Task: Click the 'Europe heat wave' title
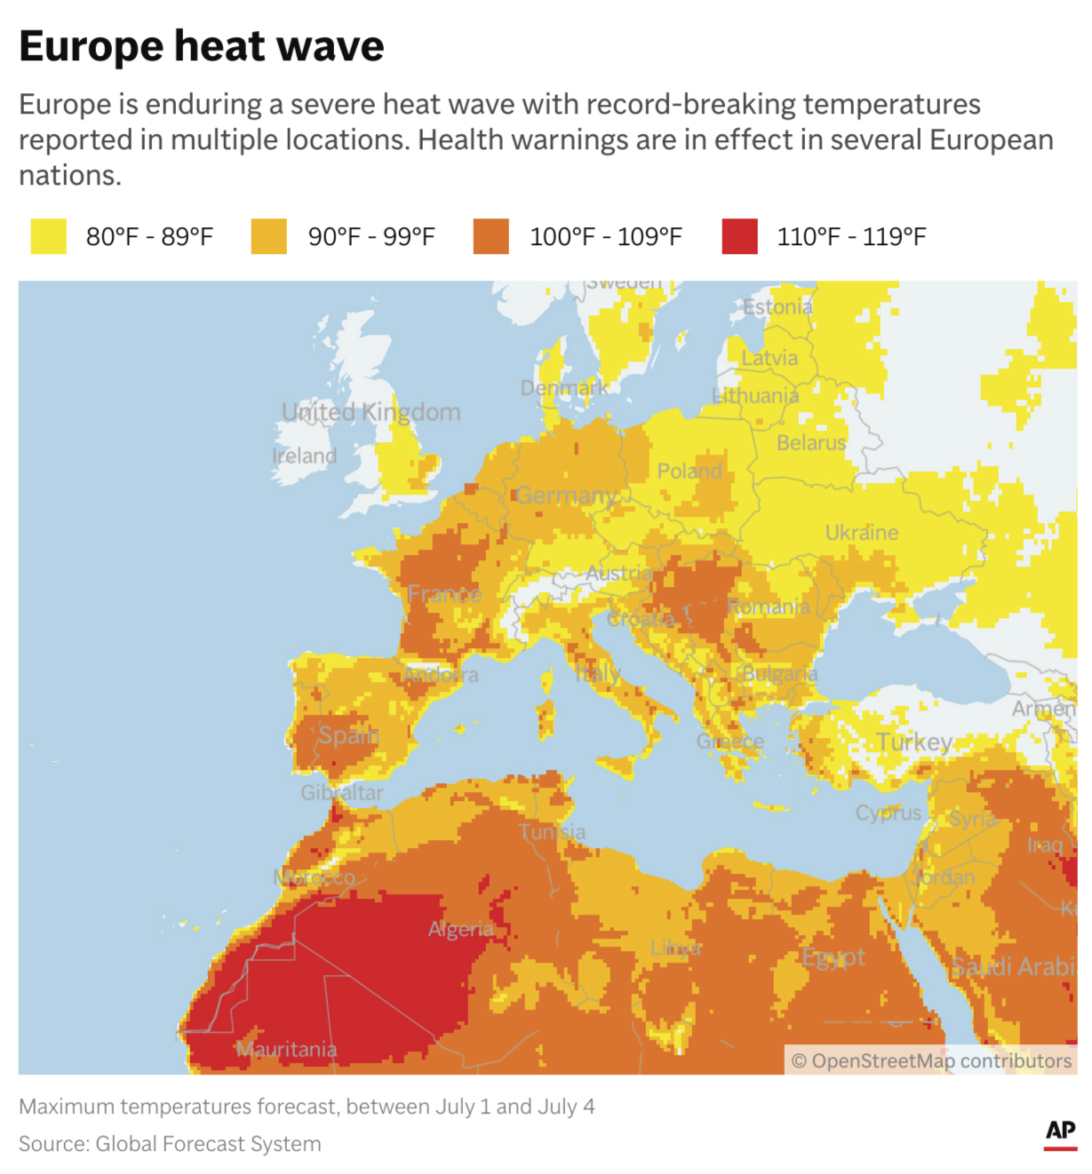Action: point(201,46)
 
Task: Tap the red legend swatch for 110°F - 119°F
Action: point(739,237)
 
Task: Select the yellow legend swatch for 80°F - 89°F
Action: point(48,237)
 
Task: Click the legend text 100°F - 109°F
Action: point(605,237)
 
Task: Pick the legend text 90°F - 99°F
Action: point(371,237)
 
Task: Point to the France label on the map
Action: point(444,594)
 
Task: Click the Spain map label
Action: point(348,735)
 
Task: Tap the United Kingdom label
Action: point(371,412)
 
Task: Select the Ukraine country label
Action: point(861,533)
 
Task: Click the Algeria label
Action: point(460,929)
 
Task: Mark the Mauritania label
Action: point(286,1050)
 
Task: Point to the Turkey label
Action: point(914,742)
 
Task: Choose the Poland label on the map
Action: point(689,472)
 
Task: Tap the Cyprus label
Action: point(888,813)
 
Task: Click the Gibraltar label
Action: point(342,793)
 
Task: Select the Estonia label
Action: point(777,307)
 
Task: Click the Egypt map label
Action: point(833,957)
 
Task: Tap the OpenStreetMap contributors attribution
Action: point(930,1061)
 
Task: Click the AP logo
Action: point(1060,1132)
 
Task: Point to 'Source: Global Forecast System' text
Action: point(170,1144)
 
